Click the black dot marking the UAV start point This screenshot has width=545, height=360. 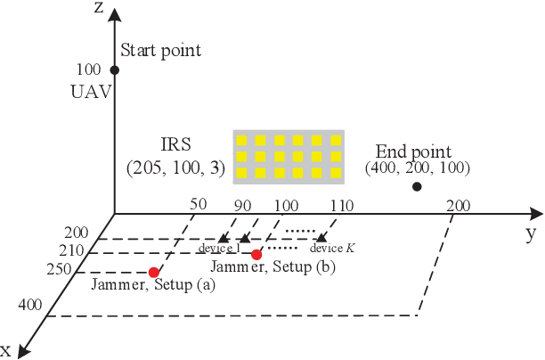(x=114, y=70)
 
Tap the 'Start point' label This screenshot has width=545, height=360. (x=160, y=51)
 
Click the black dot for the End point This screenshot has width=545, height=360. (x=416, y=186)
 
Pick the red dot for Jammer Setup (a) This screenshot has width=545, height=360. (x=154, y=272)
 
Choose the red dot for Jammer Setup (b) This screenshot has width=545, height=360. (x=256, y=255)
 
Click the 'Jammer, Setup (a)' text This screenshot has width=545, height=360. (x=148, y=286)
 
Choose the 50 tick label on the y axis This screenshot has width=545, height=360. (x=199, y=203)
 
